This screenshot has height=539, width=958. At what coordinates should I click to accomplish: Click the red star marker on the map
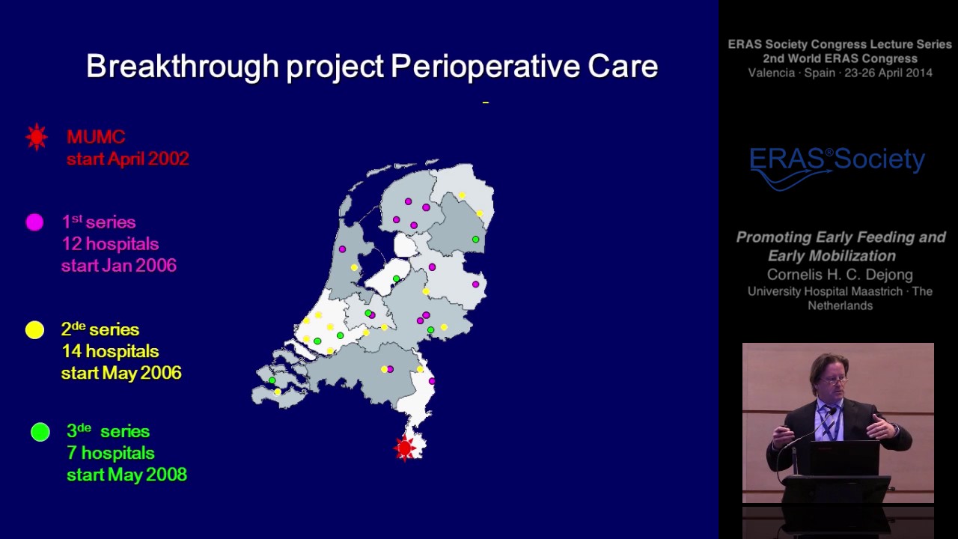point(405,448)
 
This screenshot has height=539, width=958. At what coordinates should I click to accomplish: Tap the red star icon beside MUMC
point(36,137)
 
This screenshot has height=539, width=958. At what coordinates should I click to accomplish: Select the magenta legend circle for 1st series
point(34,222)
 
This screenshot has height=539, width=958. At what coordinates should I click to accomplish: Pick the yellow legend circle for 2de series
point(34,330)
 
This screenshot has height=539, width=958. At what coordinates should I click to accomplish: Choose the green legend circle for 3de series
point(40,432)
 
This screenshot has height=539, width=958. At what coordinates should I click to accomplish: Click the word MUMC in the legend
point(96,137)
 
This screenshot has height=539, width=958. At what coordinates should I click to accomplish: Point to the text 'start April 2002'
point(127,159)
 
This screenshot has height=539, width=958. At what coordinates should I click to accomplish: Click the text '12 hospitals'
point(110,244)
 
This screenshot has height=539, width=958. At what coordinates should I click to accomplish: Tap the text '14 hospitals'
point(110,351)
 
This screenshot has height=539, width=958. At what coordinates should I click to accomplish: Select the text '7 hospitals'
point(111,453)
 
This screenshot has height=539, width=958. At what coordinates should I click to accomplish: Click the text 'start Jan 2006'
point(119,266)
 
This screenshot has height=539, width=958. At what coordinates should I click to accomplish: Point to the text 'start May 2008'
point(126,475)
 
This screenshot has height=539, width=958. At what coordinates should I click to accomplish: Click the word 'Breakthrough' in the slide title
point(183,67)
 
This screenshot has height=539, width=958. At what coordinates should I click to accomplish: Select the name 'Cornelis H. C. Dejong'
point(840,274)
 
